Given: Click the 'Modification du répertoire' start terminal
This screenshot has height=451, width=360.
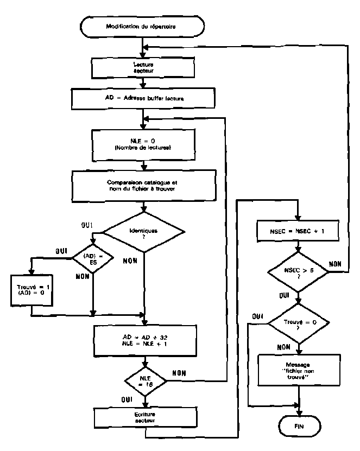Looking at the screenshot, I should [x=142, y=26].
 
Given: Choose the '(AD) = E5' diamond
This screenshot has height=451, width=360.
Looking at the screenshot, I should [x=93, y=258].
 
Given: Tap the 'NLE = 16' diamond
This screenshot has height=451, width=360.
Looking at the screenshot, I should [x=143, y=380].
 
